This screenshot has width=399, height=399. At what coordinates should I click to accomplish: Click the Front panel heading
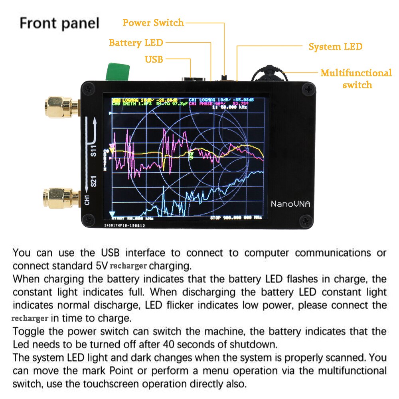pos(59,23)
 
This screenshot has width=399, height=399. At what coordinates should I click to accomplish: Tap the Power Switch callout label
pos(153,23)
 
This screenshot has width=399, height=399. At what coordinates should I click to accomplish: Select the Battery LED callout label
pos(136,43)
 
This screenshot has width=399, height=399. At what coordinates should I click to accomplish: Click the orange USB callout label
pos(154,59)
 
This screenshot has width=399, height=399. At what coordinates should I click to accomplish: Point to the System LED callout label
pos(336,47)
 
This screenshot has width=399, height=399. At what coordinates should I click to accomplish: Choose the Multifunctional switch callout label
pos(356,79)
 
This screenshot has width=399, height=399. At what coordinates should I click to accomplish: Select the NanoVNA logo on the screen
pos(290,203)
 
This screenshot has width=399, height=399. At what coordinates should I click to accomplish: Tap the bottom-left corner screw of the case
pos(88,219)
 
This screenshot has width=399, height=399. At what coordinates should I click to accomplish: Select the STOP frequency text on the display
pos(236,218)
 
